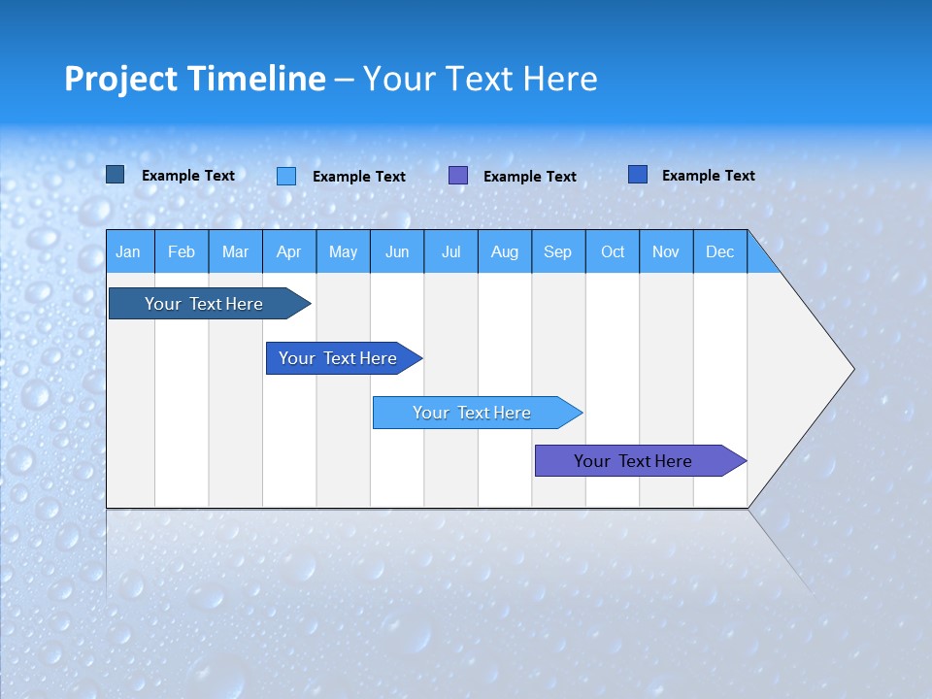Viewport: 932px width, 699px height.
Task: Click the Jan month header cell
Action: point(129,252)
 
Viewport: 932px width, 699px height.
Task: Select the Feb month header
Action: point(182,252)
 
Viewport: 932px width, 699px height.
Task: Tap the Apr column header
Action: point(288,252)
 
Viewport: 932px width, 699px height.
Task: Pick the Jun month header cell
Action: point(397,252)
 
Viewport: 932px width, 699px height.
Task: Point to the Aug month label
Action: point(504,252)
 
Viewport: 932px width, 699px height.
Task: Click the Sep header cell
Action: point(557,252)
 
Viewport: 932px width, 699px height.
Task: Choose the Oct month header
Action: point(613,252)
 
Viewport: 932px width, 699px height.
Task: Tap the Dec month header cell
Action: point(719,252)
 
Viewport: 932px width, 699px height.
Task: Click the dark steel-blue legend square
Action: point(115,175)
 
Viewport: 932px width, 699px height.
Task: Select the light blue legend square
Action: point(285,176)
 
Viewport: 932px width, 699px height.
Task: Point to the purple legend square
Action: point(457,176)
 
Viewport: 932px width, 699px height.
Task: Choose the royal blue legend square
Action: point(637,175)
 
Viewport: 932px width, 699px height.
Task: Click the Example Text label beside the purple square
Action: point(529,177)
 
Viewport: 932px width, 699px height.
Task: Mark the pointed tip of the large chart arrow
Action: point(852,369)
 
